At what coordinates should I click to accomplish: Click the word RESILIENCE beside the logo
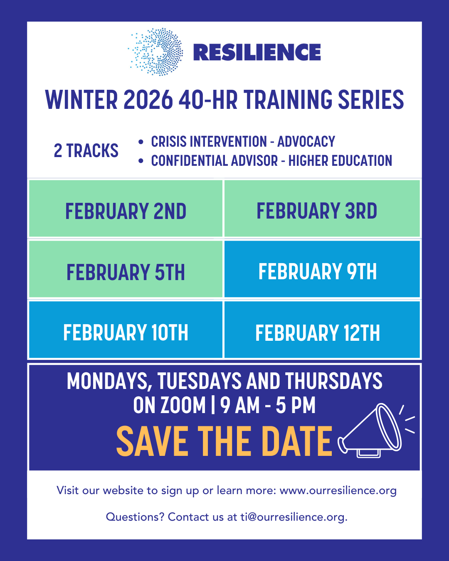tap(257, 52)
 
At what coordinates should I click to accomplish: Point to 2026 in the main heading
tap(148, 100)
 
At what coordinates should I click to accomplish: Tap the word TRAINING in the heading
tap(288, 100)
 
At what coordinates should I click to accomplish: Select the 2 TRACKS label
tap(86, 151)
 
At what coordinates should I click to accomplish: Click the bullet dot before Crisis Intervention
tap(141, 142)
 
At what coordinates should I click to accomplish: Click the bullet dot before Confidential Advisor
tap(141, 161)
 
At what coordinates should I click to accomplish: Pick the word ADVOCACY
tap(306, 142)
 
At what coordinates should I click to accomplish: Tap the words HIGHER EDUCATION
tap(340, 160)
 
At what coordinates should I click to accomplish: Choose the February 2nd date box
tap(126, 208)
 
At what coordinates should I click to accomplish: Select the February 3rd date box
tap(322, 208)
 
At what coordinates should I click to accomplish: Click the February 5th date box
tap(126, 269)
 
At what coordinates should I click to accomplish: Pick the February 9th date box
tap(322, 269)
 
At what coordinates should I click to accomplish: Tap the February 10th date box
tap(126, 330)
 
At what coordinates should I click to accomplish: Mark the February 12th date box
tap(322, 330)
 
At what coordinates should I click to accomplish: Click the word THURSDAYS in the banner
tap(334, 381)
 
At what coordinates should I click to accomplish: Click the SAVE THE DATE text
tap(224, 441)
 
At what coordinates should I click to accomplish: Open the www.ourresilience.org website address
tap(338, 491)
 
